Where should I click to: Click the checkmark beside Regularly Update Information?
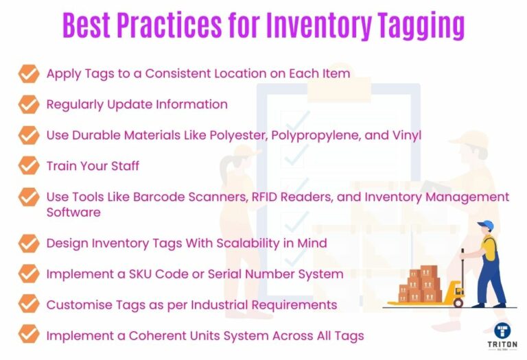(28, 104)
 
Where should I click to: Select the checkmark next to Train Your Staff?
(28, 165)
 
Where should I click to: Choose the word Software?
(73, 212)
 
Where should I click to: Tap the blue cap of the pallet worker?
(486, 226)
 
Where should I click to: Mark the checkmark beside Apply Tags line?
(28, 73)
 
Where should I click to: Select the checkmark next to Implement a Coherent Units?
(28, 335)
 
